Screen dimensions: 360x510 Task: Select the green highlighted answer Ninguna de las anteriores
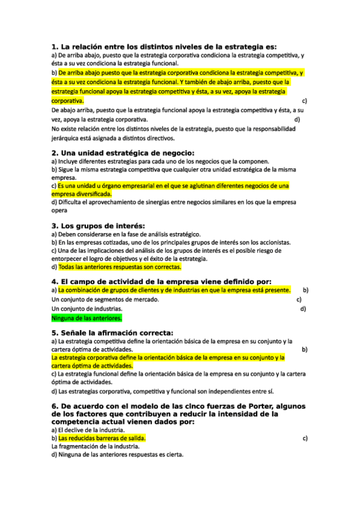point(87,318)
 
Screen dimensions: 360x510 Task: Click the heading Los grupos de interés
point(99,226)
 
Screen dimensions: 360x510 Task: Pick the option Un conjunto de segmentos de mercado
point(105,299)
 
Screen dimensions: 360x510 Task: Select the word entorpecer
point(69,259)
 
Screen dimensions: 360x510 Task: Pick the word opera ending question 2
point(59,211)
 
